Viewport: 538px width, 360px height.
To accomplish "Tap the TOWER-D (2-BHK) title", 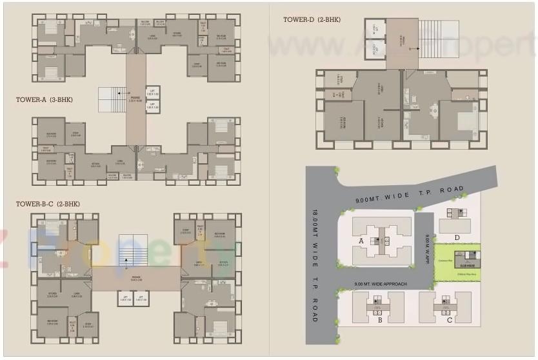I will pos(312,20).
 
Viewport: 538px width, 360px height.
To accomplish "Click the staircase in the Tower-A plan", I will pos(111,99).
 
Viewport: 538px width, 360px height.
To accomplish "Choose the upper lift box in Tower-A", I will pos(152,91).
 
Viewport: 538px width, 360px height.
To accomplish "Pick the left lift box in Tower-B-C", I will pos(125,298).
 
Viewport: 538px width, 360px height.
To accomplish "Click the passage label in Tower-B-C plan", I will pos(136,279).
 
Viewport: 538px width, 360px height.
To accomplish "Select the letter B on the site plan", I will pos(380,319).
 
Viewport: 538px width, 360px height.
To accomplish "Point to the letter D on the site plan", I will pos(457,237).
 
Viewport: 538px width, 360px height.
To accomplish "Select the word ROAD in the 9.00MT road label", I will pos(451,190).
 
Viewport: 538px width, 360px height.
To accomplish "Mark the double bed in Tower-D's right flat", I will pos(466,121).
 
